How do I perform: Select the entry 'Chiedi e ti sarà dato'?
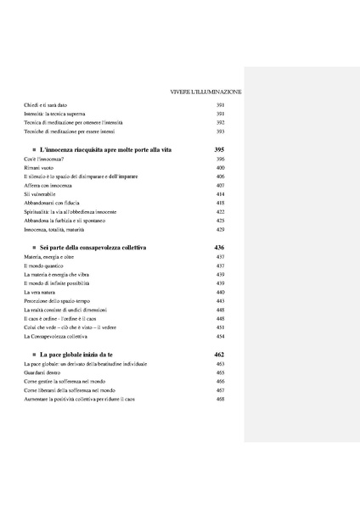click(x=48, y=104)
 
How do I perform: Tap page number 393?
click(x=220, y=131)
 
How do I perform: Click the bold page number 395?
click(x=220, y=149)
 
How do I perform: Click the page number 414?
click(x=220, y=194)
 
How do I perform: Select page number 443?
click(x=220, y=301)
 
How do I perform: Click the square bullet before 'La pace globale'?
click(x=32, y=354)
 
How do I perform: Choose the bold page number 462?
click(x=220, y=354)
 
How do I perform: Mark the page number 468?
click(x=220, y=399)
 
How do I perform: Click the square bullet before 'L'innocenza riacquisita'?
click(x=32, y=149)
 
